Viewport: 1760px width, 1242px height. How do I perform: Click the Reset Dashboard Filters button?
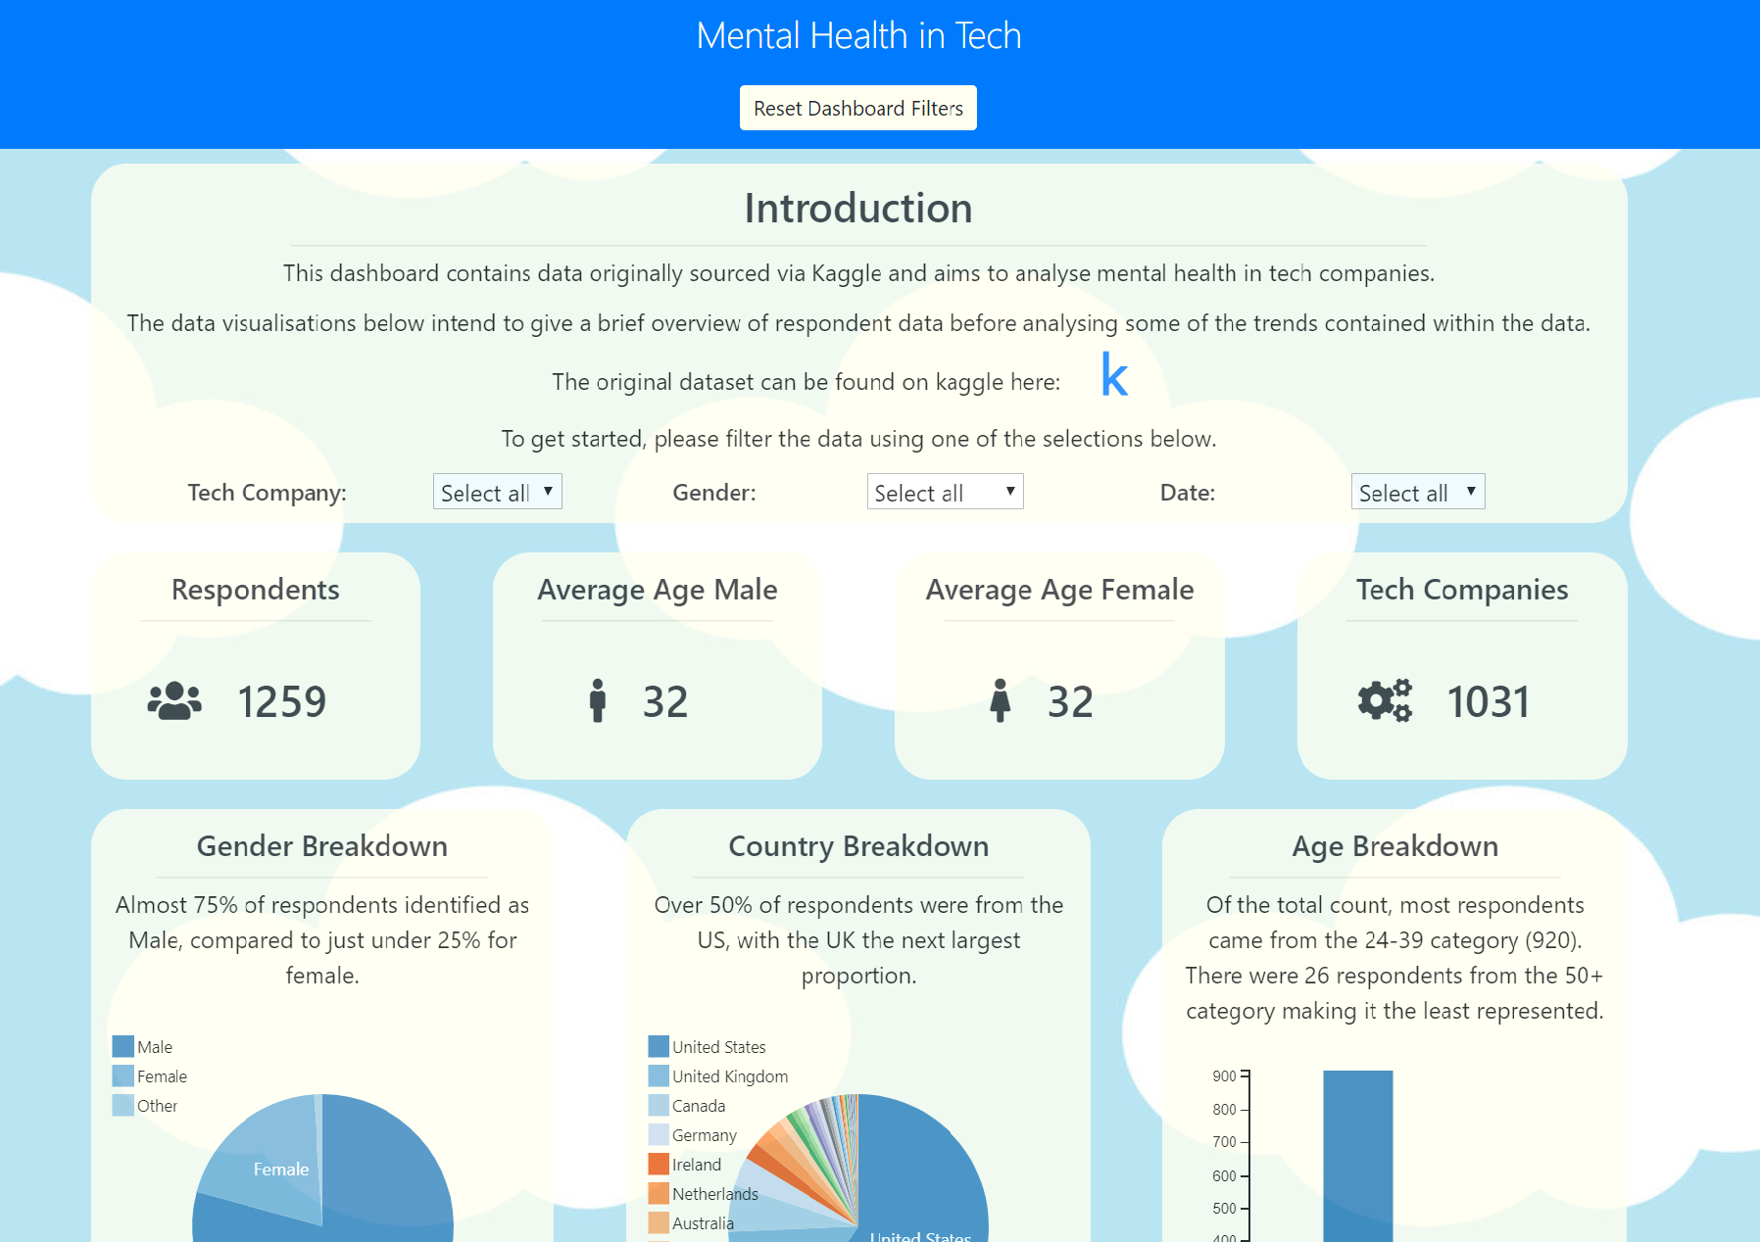[x=857, y=108]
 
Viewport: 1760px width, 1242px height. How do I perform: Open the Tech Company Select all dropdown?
[x=497, y=492]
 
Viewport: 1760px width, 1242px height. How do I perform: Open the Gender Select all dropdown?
[x=945, y=492]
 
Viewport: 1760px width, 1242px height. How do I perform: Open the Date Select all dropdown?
[x=1417, y=492]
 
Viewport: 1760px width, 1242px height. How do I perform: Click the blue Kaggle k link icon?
[x=1114, y=376]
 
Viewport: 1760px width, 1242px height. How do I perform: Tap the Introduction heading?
[x=857, y=209]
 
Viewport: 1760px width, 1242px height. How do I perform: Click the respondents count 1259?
[x=282, y=701]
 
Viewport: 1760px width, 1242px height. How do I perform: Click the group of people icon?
[x=174, y=701]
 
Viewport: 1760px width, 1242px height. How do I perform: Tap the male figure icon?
[x=598, y=701]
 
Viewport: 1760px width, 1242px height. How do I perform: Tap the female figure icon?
[x=1000, y=701]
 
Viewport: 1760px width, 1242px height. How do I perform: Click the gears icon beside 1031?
[x=1385, y=701]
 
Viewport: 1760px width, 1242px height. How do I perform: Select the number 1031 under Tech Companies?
[x=1488, y=701]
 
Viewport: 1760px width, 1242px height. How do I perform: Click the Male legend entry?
[x=144, y=1047]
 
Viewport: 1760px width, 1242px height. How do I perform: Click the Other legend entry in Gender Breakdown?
[x=147, y=1106]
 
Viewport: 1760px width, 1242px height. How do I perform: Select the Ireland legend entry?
[x=686, y=1165]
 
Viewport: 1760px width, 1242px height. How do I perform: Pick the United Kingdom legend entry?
[x=720, y=1076]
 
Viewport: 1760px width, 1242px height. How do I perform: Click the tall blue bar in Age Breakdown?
[x=1357, y=1156]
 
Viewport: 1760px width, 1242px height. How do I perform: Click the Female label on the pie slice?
[x=281, y=1170]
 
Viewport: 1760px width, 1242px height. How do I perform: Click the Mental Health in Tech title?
[x=858, y=36]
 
